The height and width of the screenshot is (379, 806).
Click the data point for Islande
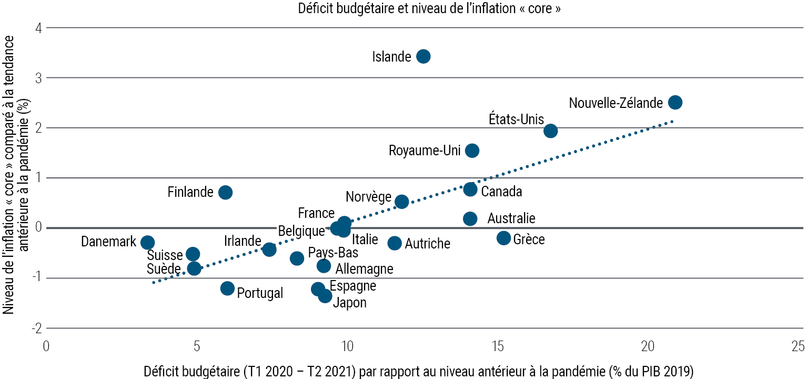click(423, 56)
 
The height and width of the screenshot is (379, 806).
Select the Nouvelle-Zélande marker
click(675, 102)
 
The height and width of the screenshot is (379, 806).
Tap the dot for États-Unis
click(550, 131)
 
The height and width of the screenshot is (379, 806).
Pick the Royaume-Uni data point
click(472, 151)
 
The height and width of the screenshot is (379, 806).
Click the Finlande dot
click(225, 192)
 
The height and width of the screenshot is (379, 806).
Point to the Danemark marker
click(147, 242)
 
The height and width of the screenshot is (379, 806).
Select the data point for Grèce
click(503, 238)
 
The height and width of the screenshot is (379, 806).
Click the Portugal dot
click(227, 288)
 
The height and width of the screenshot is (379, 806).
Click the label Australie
click(511, 218)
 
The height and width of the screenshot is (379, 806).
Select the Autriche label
click(427, 244)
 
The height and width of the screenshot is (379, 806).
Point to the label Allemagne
click(364, 269)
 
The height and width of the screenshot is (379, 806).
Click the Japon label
click(350, 303)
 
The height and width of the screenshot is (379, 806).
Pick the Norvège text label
click(368, 197)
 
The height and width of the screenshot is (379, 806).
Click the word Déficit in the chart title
click(316, 8)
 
